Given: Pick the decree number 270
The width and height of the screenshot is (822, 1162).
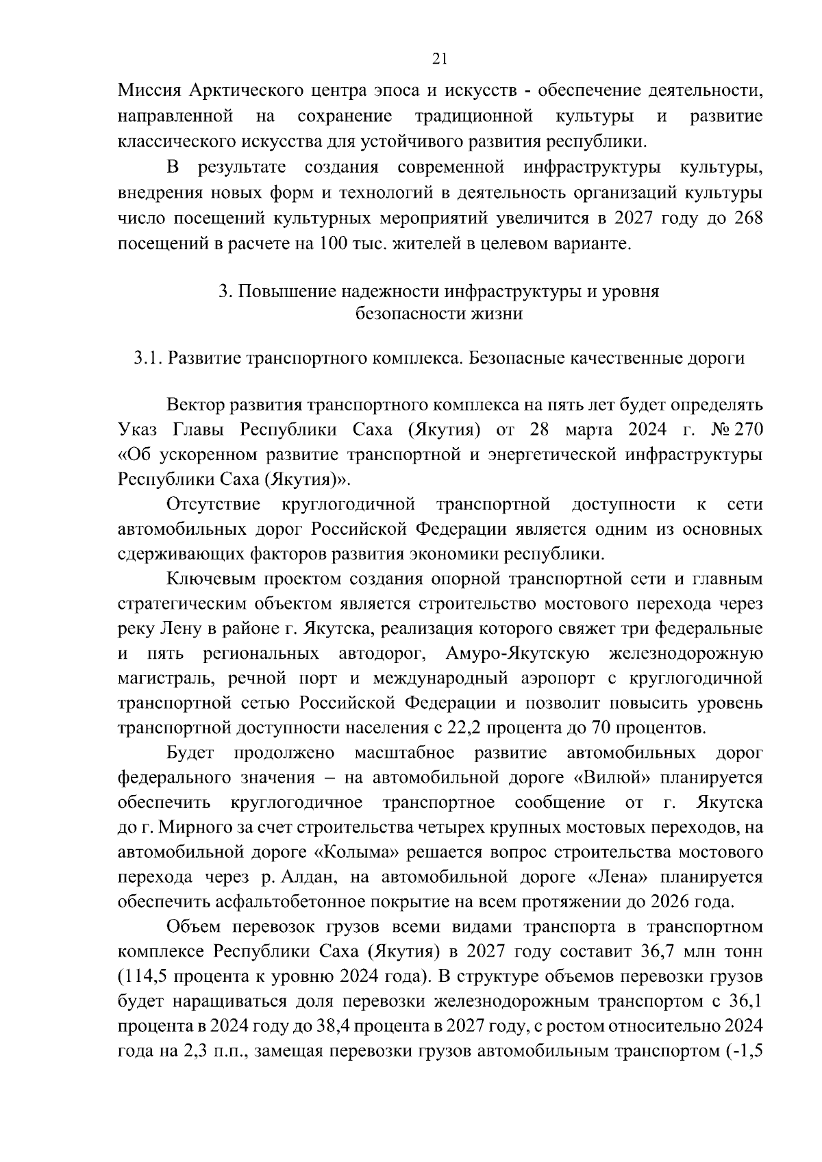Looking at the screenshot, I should [x=746, y=430].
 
